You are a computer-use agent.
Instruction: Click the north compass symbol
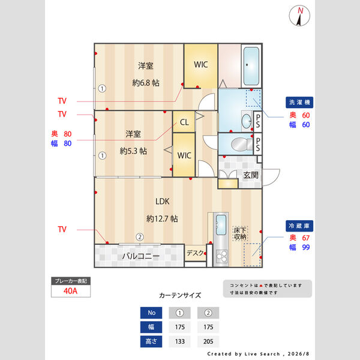pyautogui.click(x=299, y=16)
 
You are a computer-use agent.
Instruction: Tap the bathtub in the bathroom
pyautogui.click(x=251, y=66)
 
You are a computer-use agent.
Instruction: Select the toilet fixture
pyautogui.click(x=242, y=145)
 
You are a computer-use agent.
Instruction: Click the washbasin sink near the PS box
pyautogui.click(x=247, y=121)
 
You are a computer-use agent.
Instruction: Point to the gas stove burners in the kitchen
pyautogui.click(x=222, y=256)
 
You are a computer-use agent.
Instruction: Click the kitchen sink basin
pyautogui.click(x=221, y=225)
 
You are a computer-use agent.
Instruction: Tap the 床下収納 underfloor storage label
pyautogui.click(x=240, y=233)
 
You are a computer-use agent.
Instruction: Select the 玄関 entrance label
pyautogui.click(x=251, y=175)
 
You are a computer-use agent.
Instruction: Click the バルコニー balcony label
pyautogui.click(x=141, y=256)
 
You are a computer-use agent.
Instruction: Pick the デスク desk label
pyautogui.click(x=195, y=253)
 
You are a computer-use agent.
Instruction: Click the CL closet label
pyautogui.click(x=184, y=122)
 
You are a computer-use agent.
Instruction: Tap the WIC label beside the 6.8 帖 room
pyautogui.click(x=201, y=65)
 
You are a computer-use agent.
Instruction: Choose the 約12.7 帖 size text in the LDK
pyautogui.click(x=162, y=218)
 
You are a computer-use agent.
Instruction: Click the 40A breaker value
pyautogui.click(x=70, y=291)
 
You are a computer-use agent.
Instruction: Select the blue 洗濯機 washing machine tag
pyautogui.click(x=299, y=103)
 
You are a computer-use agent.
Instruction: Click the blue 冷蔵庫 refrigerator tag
pyautogui.click(x=299, y=226)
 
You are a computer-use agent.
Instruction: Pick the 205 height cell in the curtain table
pyautogui.click(x=208, y=341)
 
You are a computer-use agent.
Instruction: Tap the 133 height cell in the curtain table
pyautogui.click(x=180, y=341)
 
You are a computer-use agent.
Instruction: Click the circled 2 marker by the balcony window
pyautogui.click(x=140, y=237)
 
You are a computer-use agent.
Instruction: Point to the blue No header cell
pyautogui.click(x=151, y=313)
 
